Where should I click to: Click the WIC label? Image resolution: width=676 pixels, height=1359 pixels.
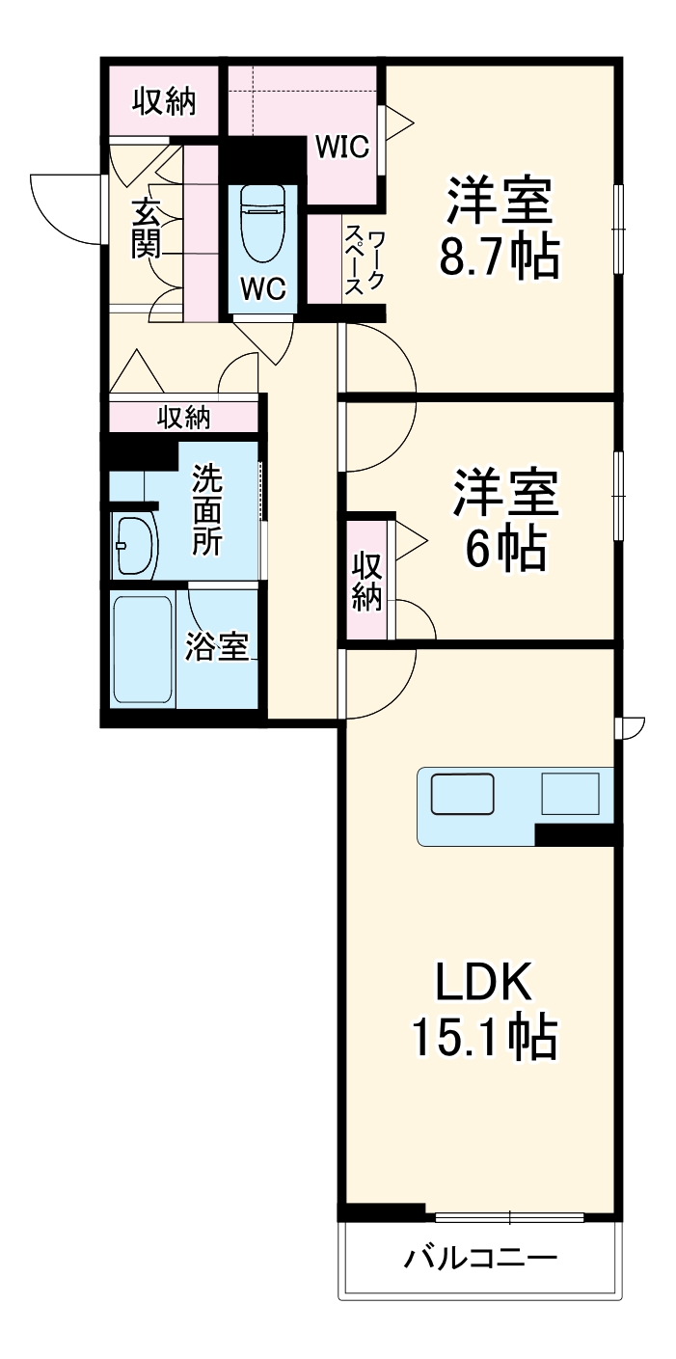point(342,148)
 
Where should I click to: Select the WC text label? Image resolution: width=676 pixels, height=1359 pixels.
point(262,289)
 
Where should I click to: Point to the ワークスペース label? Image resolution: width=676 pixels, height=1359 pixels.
point(365,262)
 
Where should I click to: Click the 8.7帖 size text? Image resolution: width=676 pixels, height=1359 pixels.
point(499,257)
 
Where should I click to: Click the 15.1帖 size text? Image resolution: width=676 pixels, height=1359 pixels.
point(483,1038)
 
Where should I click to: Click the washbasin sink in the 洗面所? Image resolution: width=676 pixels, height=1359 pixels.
point(134,547)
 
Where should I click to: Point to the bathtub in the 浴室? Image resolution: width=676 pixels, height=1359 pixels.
point(144,649)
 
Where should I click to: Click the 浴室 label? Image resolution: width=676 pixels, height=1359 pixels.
point(217,647)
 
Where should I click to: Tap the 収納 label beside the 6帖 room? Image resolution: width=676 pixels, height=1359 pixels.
point(367,581)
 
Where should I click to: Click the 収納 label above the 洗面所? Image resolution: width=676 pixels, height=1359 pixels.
point(183,418)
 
